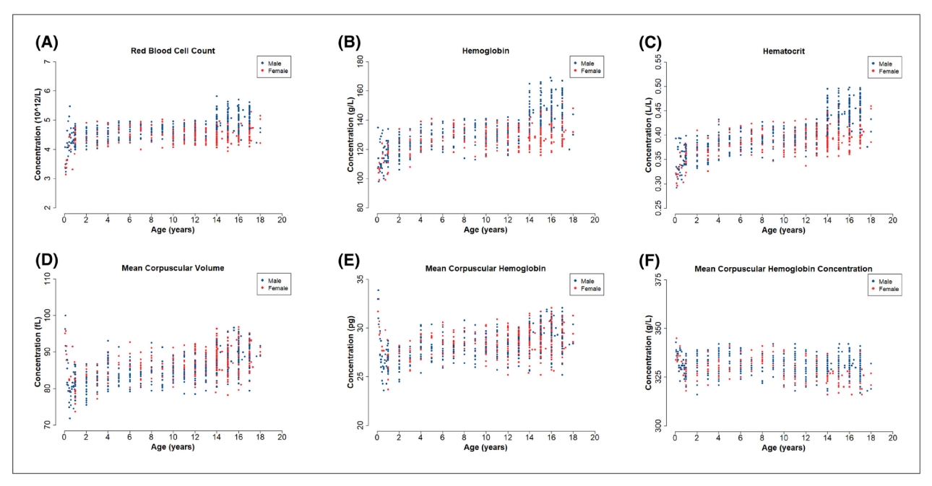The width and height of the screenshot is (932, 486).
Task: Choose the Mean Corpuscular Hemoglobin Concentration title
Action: [783, 269]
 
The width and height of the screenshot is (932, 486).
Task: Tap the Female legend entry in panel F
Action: [889, 289]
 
